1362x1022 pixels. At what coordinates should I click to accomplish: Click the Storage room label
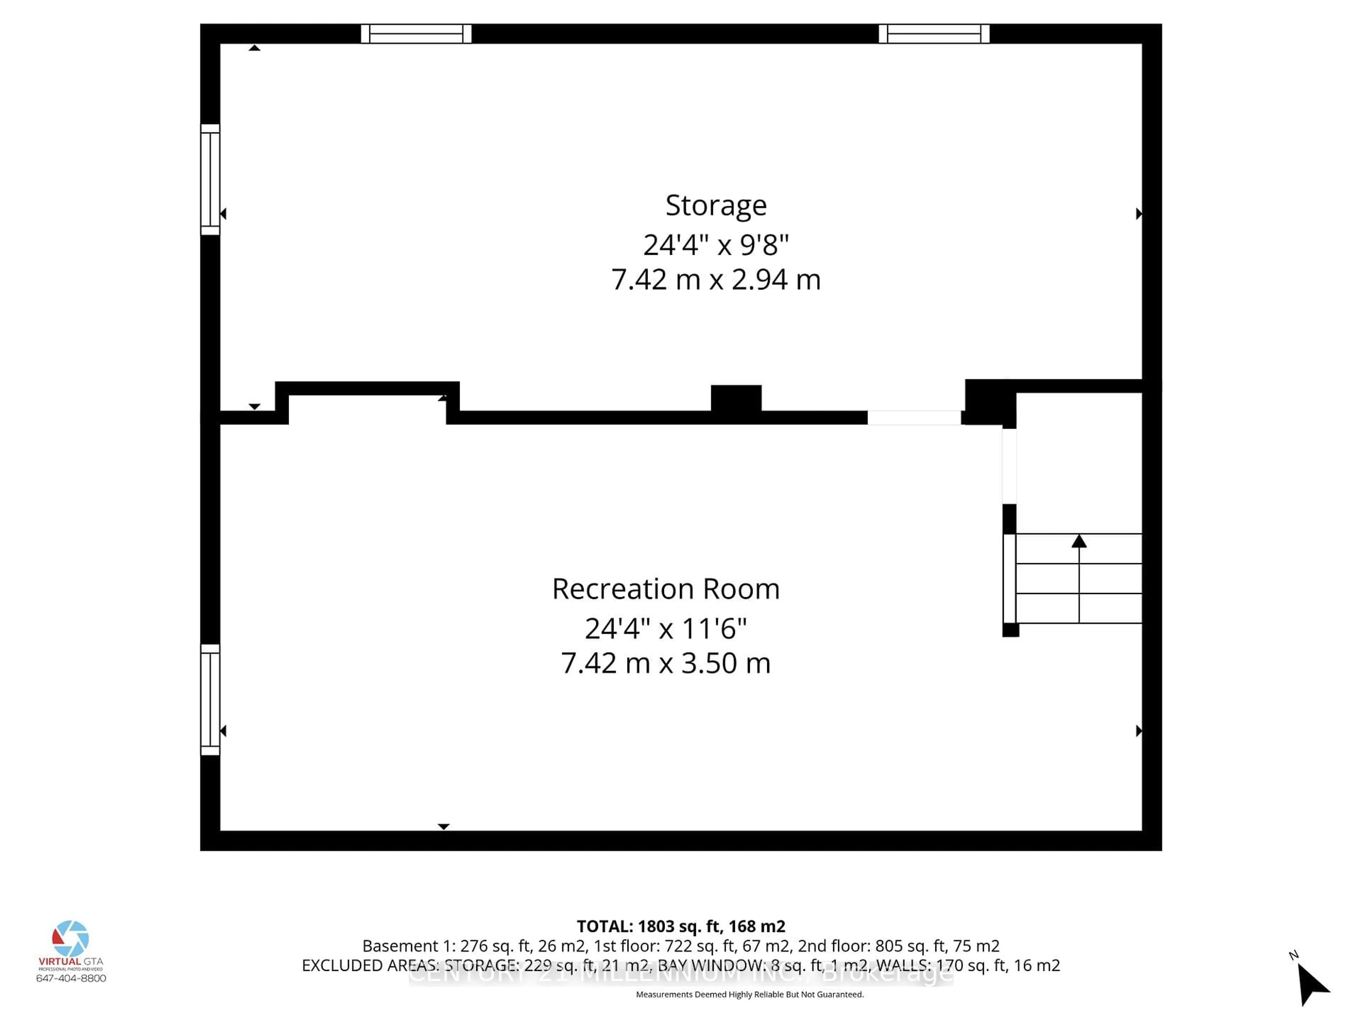(715, 205)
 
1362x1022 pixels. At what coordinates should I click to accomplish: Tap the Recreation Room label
(666, 589)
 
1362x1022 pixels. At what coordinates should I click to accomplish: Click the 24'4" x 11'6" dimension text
(666, 629)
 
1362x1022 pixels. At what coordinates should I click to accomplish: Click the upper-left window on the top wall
(416, 34)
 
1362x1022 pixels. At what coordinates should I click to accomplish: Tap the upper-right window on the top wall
(934, 34)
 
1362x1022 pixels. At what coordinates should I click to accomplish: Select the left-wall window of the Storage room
(210, 179)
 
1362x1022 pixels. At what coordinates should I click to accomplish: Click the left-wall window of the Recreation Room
(210, 699)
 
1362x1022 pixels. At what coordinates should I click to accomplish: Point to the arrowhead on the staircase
(1079, 542)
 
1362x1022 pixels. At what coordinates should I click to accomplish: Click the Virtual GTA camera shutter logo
(71, 939)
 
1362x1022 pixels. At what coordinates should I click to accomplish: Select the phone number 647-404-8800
(71, 978)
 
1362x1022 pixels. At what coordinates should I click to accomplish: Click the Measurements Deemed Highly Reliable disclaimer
(749, 994)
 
